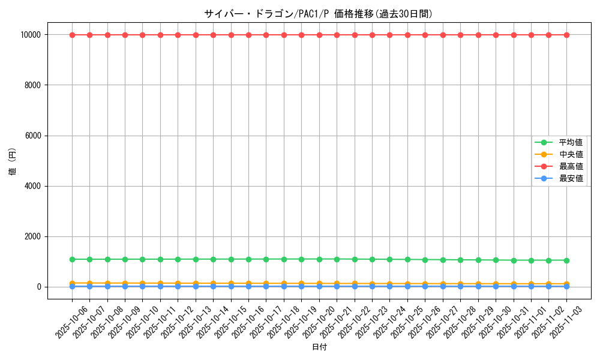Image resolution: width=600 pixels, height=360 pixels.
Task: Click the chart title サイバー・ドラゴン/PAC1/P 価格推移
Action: tap(318, 14)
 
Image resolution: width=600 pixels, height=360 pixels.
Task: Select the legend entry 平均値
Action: tap(571, 142)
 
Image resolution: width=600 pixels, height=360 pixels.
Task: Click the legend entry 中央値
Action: tap(571, 154)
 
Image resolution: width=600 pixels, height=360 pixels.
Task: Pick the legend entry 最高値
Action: tap(571, 166)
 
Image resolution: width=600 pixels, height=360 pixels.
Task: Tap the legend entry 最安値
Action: tap(571, 178)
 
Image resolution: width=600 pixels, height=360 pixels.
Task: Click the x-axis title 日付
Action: tap(319, 347)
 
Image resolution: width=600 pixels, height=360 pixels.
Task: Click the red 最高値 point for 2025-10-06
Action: tap(72, 35)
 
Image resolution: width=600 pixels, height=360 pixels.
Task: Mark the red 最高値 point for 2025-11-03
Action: tap(566, 35)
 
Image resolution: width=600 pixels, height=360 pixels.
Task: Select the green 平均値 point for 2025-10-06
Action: tap(72, 259)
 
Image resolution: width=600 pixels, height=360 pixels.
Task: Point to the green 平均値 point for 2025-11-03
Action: tap(566, 260)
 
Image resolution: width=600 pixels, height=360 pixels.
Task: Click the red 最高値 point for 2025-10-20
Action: tap(319, 35)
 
